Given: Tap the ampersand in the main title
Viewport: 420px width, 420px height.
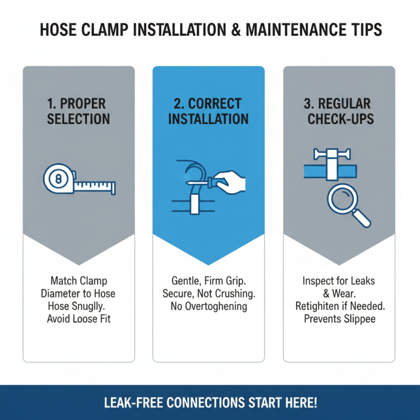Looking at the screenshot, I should (x=233, y=30).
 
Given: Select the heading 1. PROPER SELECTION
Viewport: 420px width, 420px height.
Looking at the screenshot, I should (x=79, y=111).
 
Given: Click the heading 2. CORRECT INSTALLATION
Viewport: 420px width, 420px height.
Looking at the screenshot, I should (x=208, y=111).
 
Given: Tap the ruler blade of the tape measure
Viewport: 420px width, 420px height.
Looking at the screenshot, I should (x=94, y=185).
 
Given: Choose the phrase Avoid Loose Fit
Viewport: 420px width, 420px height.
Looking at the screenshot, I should (x=79, y=319).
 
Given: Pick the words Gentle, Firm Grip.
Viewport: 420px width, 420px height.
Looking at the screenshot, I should (x=208, y=281).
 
